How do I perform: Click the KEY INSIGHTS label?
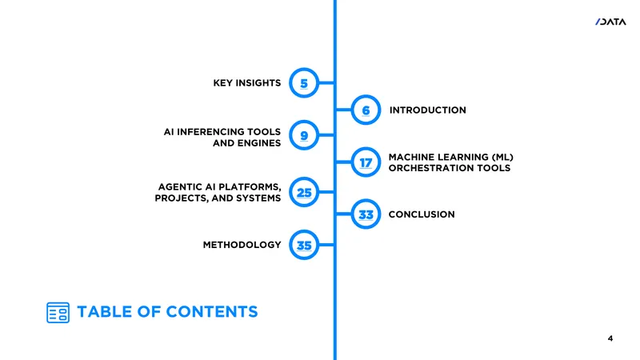pos(247,83)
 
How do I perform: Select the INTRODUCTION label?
pos(427,110)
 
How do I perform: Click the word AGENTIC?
pos(179,187)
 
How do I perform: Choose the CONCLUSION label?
pos(422,214)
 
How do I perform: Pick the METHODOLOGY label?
pos(242,245)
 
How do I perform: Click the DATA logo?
pos(610,22)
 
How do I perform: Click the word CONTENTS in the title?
pos(212,312)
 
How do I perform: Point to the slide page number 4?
pos(610,338)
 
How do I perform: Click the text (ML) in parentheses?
pos(502,157)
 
